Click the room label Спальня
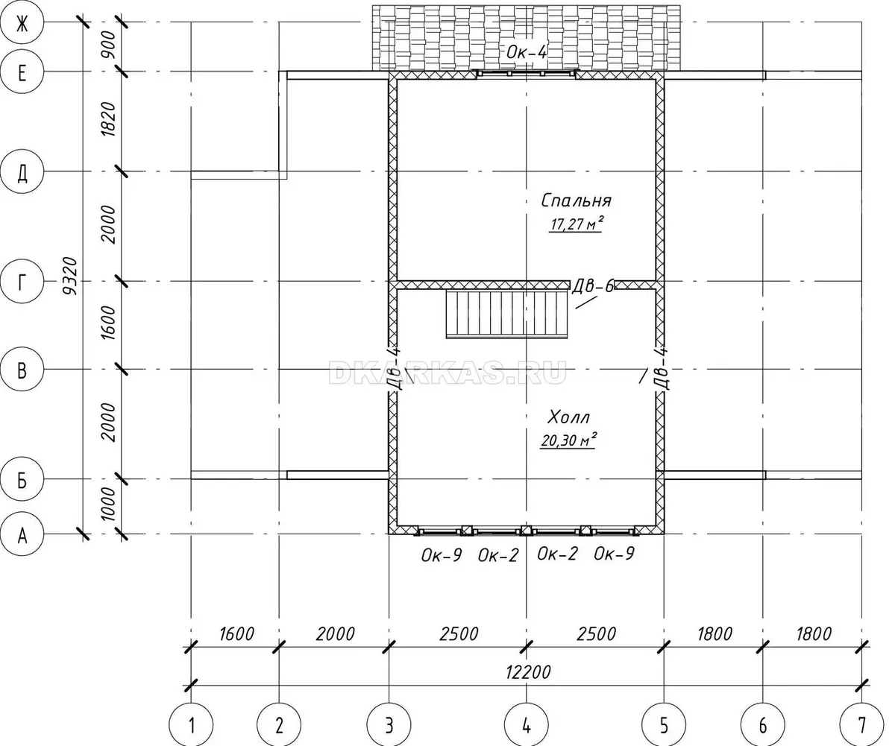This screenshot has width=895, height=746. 576,200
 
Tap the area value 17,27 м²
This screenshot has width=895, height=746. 576,224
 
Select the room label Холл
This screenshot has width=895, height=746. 568,417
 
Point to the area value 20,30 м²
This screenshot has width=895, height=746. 568,440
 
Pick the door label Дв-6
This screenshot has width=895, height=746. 593,285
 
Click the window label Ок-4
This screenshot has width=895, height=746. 527,52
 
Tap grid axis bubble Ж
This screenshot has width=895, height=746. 22,24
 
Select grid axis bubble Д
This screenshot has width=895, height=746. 22,171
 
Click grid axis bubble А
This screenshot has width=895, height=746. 22,534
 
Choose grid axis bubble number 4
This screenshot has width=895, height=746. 527,724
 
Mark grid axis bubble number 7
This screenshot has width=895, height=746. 861,724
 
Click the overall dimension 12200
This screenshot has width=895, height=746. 528,672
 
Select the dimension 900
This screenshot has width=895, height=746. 108,45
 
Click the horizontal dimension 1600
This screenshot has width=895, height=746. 236,633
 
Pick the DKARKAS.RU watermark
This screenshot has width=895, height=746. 447,372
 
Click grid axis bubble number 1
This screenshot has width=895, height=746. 191,724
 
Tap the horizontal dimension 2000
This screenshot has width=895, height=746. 335,633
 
